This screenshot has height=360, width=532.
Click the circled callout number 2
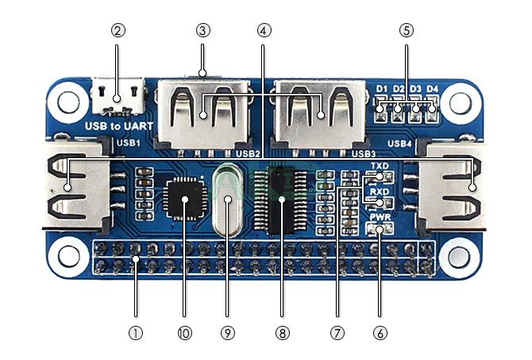click(118, 31)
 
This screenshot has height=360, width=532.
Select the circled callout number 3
click(203, 31)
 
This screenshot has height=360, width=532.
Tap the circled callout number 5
click(407, 31)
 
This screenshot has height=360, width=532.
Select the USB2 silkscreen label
click(247, 153)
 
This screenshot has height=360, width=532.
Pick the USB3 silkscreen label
click(363, 153)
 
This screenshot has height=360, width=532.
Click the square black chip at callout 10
click(184, 200)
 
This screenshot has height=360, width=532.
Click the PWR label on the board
click(379, 216)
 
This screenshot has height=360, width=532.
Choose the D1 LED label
click(382, 88)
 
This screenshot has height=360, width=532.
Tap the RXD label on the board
click(380, 192)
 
